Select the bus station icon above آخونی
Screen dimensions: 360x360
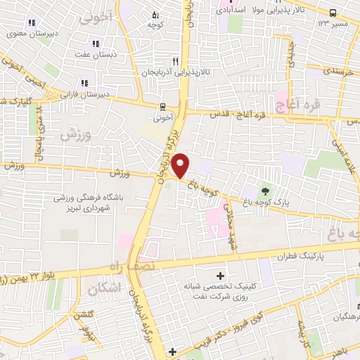point(162,108)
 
